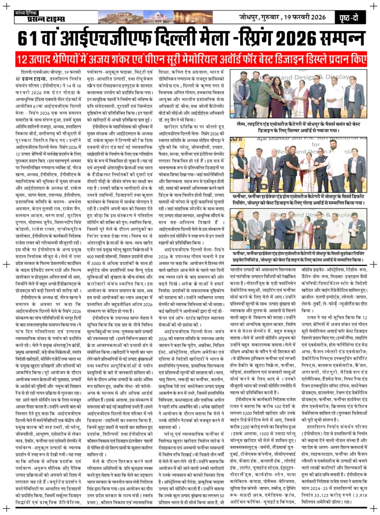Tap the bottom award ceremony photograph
coord(298,230)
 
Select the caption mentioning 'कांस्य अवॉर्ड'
coord(298,257)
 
